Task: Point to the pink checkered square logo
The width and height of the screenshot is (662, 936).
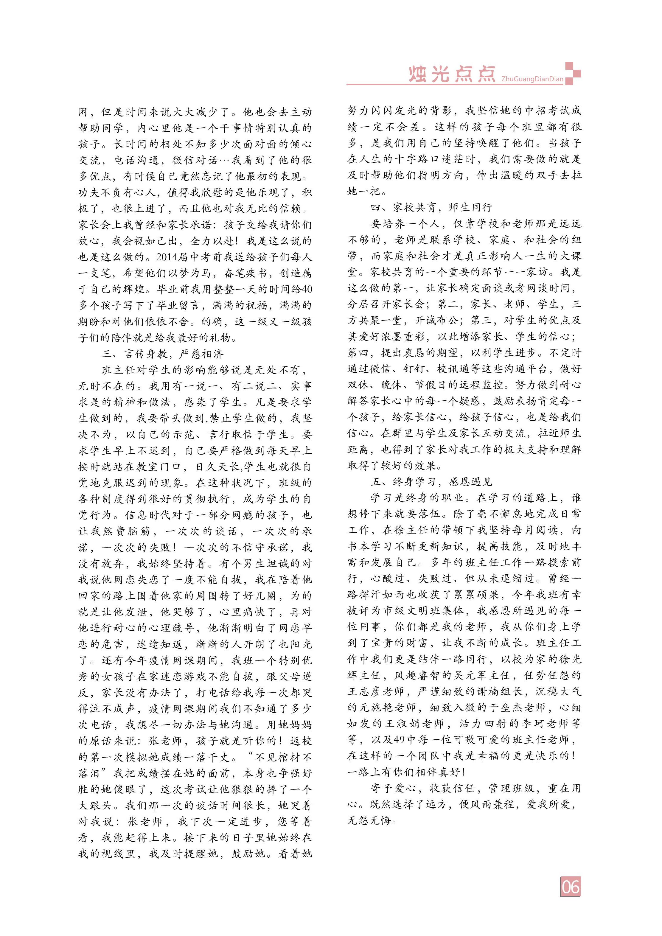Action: pyautogui.click(x=572, y=73)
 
